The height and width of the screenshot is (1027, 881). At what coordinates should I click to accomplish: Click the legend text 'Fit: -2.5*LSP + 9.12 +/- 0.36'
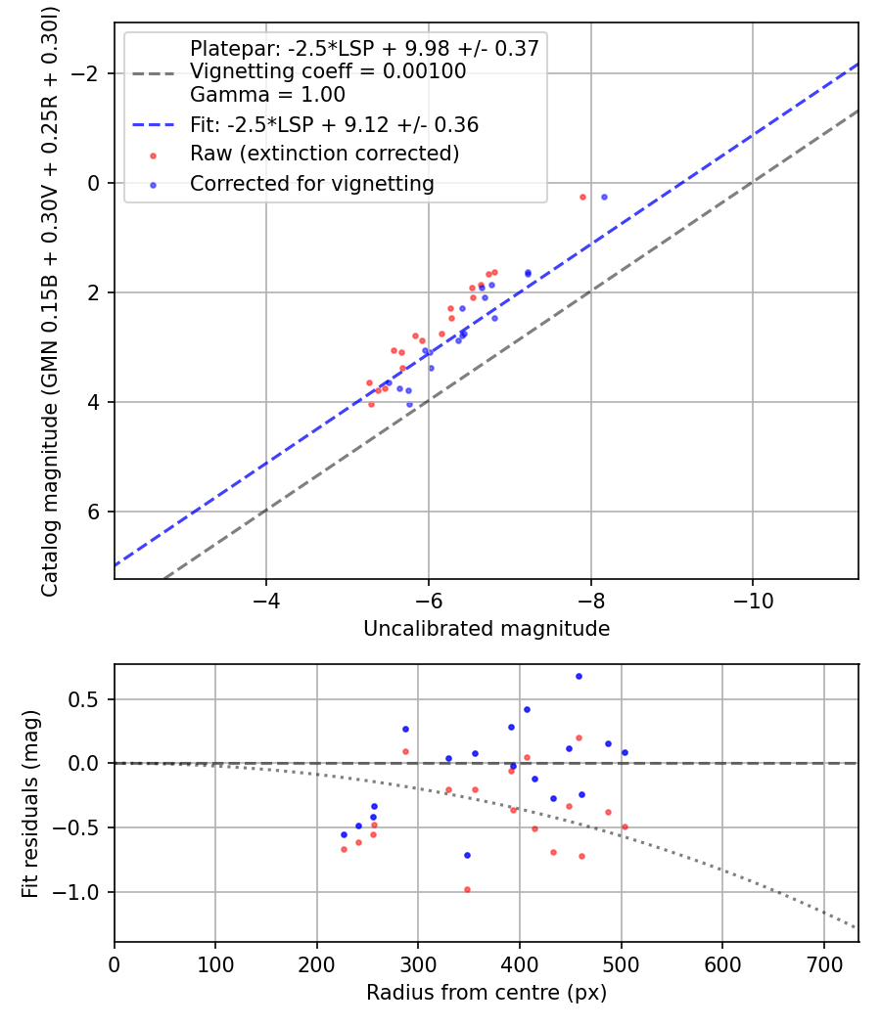(334, 125)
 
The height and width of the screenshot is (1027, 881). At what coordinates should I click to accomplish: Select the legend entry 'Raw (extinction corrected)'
(324, 154)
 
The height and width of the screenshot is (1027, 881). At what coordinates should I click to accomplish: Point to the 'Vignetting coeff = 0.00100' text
(328, 71)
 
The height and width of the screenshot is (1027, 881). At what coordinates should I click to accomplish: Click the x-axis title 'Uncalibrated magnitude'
(487, 629)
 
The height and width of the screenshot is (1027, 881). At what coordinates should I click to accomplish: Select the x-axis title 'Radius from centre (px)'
(487, 993)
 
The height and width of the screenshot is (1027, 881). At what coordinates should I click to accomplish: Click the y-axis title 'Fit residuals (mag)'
(30, 803)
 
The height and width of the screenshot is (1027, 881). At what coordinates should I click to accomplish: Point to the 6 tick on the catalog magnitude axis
(96, 512)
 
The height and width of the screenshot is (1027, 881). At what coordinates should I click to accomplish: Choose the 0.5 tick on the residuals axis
(88, 699)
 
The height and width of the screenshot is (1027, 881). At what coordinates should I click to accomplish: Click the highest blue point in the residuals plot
(579, 676)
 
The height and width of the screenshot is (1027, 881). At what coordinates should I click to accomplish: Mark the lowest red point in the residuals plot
(467, 889)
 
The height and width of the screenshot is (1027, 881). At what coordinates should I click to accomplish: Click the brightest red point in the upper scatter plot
(582, 197)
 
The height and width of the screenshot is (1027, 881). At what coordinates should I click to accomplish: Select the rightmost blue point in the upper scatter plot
(604, 197)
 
